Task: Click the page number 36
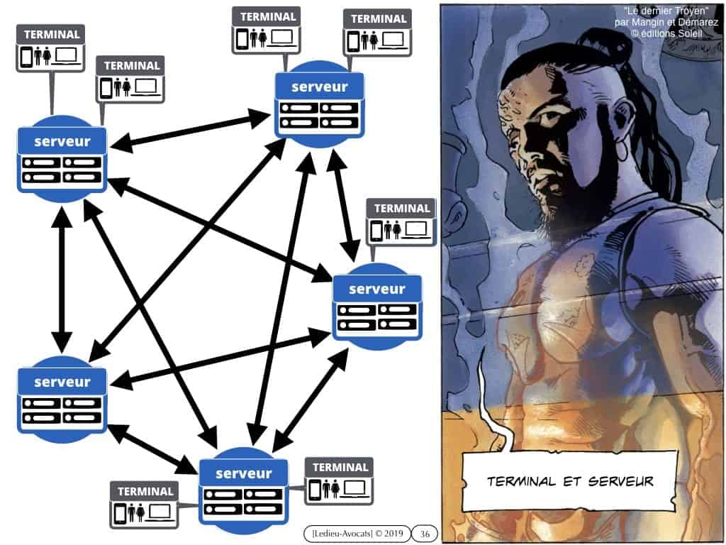click(x=425, y=534)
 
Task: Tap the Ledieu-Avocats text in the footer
click(x=342, y=534)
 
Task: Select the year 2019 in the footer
click(x=393, y=534)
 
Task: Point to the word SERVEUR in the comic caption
click(x=621, y=481)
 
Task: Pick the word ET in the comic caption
click(x=572, y=481)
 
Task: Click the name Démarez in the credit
click(x=698, y=22)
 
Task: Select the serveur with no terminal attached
click(x=62, y=400)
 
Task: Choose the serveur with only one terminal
click(x=377, y=307)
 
